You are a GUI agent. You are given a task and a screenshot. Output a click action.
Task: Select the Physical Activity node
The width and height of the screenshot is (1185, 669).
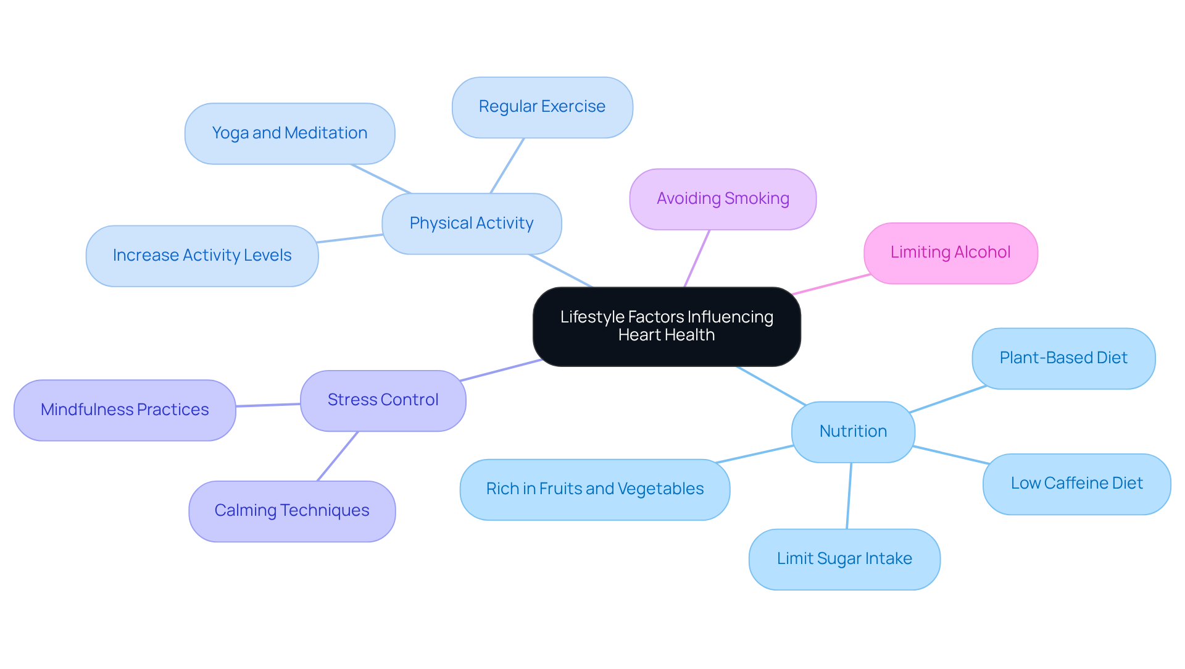(472, 224)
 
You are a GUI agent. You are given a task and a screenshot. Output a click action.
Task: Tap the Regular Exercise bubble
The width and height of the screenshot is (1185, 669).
(542, 107)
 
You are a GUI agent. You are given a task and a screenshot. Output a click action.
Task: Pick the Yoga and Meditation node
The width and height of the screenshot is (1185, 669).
(289, 133)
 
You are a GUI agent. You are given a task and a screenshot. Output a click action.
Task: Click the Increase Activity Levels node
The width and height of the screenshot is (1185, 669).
(202, 256)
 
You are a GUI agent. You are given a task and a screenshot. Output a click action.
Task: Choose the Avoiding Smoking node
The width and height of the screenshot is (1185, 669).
(723, 199)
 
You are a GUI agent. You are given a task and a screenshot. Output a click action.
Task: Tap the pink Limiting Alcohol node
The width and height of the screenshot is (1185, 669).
(950, 253)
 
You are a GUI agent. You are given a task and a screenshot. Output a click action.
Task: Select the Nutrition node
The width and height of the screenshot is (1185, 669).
(853, 432)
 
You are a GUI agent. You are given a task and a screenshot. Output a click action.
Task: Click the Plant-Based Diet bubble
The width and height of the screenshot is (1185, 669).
(1063, 358)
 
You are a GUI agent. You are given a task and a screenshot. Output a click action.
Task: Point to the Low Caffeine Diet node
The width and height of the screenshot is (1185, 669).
(1076, 484)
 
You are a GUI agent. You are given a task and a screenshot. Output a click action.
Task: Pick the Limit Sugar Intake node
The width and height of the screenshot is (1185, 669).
(844, 559)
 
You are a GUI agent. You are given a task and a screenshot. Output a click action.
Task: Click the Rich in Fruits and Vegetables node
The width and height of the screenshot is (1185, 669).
(594, 489)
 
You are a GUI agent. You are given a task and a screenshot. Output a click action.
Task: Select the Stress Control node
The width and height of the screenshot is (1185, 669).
(383, 400)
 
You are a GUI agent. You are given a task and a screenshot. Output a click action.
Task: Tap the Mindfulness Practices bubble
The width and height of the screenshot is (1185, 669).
(125, 410)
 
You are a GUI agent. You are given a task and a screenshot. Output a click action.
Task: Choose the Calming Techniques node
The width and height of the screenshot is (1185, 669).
(291, 511)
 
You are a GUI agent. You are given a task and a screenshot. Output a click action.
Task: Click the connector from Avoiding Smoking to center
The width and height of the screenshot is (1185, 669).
(697, 258)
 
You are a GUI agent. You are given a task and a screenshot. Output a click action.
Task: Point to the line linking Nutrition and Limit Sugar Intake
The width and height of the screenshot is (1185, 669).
(849, 495)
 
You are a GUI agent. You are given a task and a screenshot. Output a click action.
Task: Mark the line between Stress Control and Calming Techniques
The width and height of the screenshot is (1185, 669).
(338, 456)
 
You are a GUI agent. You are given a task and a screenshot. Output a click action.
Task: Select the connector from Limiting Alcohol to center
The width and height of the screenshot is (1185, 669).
(831, 284)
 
